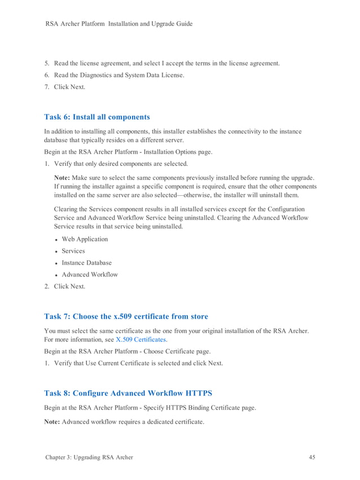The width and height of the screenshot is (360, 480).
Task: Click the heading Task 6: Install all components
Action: click(x=97, y=117)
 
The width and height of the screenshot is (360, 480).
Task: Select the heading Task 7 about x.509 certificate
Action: click(x=126, y=316)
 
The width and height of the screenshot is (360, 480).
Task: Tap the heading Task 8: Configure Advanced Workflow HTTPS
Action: click(x=128, y=393)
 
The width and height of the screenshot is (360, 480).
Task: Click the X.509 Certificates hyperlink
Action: click(x=141, y=340)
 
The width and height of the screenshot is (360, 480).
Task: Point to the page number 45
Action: click(x=312, y=457)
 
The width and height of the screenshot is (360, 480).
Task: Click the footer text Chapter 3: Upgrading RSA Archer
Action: click(x=89, y=457)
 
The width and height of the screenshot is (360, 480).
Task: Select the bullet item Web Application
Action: click(x=85, y=239)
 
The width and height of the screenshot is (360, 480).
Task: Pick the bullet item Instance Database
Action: click(x=86, y=263)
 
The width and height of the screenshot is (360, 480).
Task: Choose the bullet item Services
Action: click(x=73, y=251)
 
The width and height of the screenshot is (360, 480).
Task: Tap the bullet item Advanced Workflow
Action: click(x=90, y=275)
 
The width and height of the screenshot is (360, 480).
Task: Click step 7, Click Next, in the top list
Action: click(x=69, y=87)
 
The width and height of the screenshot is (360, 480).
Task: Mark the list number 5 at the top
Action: click(x=47, y=63)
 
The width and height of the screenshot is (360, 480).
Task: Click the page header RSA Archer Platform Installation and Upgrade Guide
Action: click(x=118, y=24)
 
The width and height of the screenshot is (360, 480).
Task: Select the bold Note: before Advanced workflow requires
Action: click(x=52, y=421)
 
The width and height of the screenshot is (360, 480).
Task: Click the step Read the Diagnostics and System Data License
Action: click(x=118, y=75)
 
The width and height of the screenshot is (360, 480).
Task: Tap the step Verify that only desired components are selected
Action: click(x=121, y=164)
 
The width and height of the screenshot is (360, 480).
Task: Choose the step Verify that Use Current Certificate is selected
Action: click(x=138, y=363)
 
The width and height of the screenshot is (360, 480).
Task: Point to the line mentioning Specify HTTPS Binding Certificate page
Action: click(x=150, y=408)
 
